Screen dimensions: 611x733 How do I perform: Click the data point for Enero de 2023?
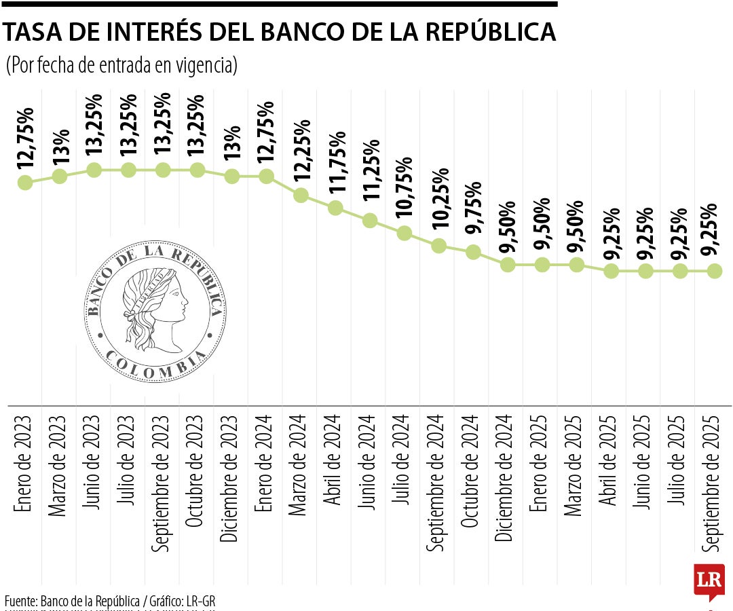(25, 183)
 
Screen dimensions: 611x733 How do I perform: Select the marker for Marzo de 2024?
(301, 196)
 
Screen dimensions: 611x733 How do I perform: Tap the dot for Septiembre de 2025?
(714, 271)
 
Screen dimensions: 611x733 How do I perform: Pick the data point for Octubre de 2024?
(473, 253)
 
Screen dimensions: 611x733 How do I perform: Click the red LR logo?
(709, 581)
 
